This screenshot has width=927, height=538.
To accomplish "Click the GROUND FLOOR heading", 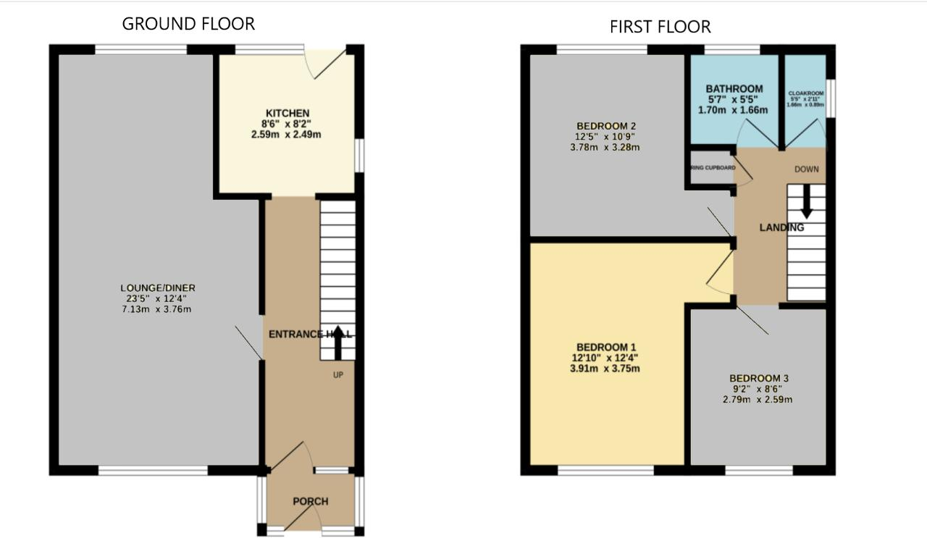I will (x=188, y=23).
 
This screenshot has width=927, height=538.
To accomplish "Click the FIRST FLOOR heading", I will (x=660, y=27).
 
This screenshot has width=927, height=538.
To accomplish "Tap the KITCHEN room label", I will (x=288, y=113).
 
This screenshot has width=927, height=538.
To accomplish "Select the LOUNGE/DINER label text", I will (x=159, y=288).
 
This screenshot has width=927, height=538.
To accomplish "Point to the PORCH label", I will (x=311, y=501).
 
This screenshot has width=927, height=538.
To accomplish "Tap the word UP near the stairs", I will (x=337, y=375).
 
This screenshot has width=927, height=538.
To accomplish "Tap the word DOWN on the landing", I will (x=806, y=170).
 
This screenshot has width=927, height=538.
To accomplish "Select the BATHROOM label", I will (x=734, y=89).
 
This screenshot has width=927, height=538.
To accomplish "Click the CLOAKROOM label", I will (x=806, y=93).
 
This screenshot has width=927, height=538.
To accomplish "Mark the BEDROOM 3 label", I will (x=759, y=378).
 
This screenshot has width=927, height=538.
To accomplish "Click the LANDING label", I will (x=781, y=227).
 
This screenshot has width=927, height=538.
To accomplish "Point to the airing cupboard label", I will (x=713, y=167).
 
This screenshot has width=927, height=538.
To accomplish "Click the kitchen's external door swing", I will (x=326, y=64).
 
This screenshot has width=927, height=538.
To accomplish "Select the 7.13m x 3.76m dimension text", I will (x=159, y=309).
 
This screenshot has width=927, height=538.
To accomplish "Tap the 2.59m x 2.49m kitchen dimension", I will (x=288, y=135).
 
